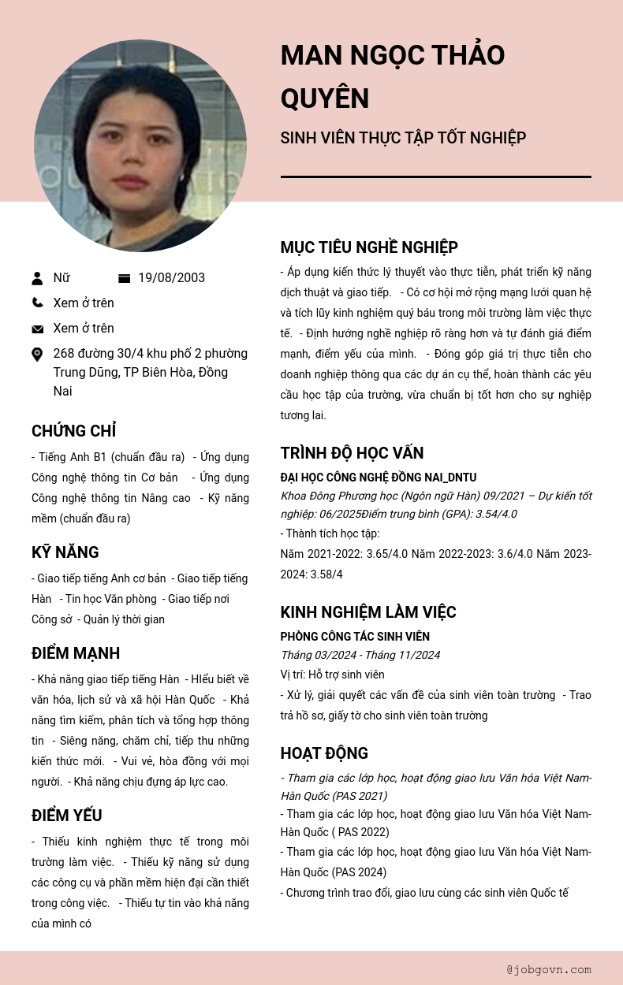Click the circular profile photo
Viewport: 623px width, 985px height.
[x=140, y=146]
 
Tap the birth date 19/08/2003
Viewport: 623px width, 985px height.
[x=171, y=278]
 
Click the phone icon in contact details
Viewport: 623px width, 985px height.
[x=38, y=303]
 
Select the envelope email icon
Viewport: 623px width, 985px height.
[x=38, y=329]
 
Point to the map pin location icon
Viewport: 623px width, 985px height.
[x=37, y=355]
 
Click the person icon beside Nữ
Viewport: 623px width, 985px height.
[x=37, y=278]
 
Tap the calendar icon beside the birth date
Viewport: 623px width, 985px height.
[x=124, y=278]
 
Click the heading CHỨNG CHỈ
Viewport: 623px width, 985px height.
[x=73, y=431]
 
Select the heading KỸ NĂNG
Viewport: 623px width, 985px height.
[x=65, y=552]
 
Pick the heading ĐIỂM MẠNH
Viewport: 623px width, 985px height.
[x=76, y=653]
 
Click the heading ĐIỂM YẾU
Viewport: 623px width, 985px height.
[x=67, y=816]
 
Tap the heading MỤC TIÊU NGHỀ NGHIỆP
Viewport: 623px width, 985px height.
[x=369, y=247]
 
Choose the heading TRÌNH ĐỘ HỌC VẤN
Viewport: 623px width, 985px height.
[x=352, y=453]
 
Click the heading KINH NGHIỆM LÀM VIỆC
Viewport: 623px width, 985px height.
[x=368, y=612]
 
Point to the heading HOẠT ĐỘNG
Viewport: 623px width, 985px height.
[x=324, y=753]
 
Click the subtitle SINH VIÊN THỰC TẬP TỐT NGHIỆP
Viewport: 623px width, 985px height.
[x=403, y=139]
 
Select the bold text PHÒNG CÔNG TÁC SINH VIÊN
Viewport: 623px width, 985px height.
[x=355, y=637]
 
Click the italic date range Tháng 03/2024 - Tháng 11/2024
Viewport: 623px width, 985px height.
[x=360, y=655]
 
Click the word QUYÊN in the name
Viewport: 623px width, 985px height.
[x=325, y=98]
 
